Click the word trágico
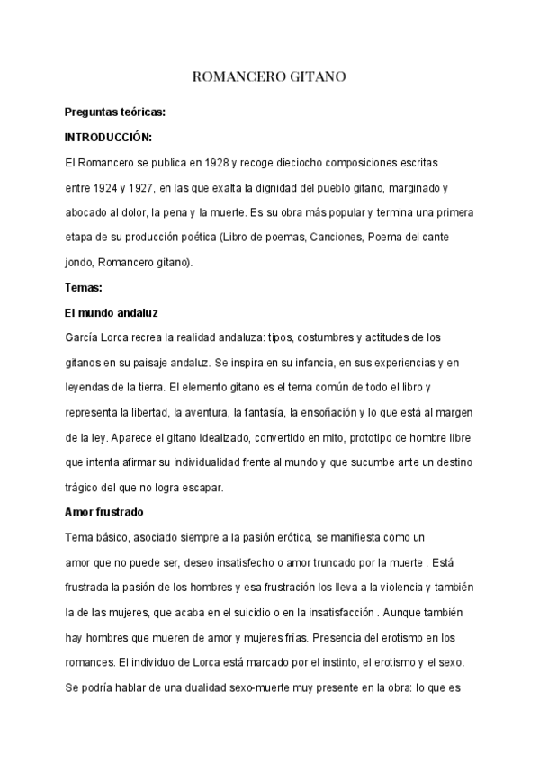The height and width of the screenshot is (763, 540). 83,489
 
